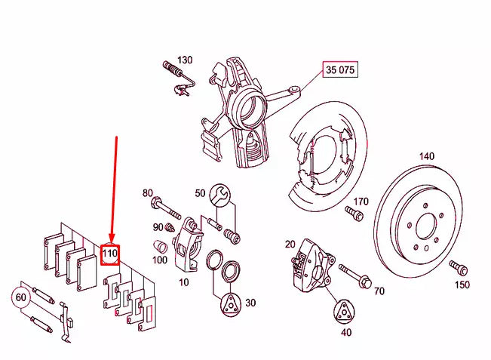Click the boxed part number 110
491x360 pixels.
[110, 254]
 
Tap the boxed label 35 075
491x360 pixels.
[339, 71]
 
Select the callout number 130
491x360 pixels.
[185, 60]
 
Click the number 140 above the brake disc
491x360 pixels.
[427, 156]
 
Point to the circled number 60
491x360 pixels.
[22, 298]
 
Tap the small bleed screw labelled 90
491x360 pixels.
[170, 226]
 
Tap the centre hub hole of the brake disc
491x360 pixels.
[425, 227]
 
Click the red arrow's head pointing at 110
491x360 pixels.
[111, 240]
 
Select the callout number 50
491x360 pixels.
[200, 193]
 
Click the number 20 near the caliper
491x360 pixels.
[290, 244]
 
